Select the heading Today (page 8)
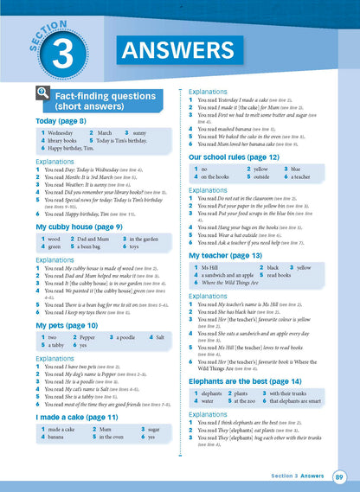[x=61, y=121]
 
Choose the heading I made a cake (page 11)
[x=73, y=417]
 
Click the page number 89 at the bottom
[x=340, y=475]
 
